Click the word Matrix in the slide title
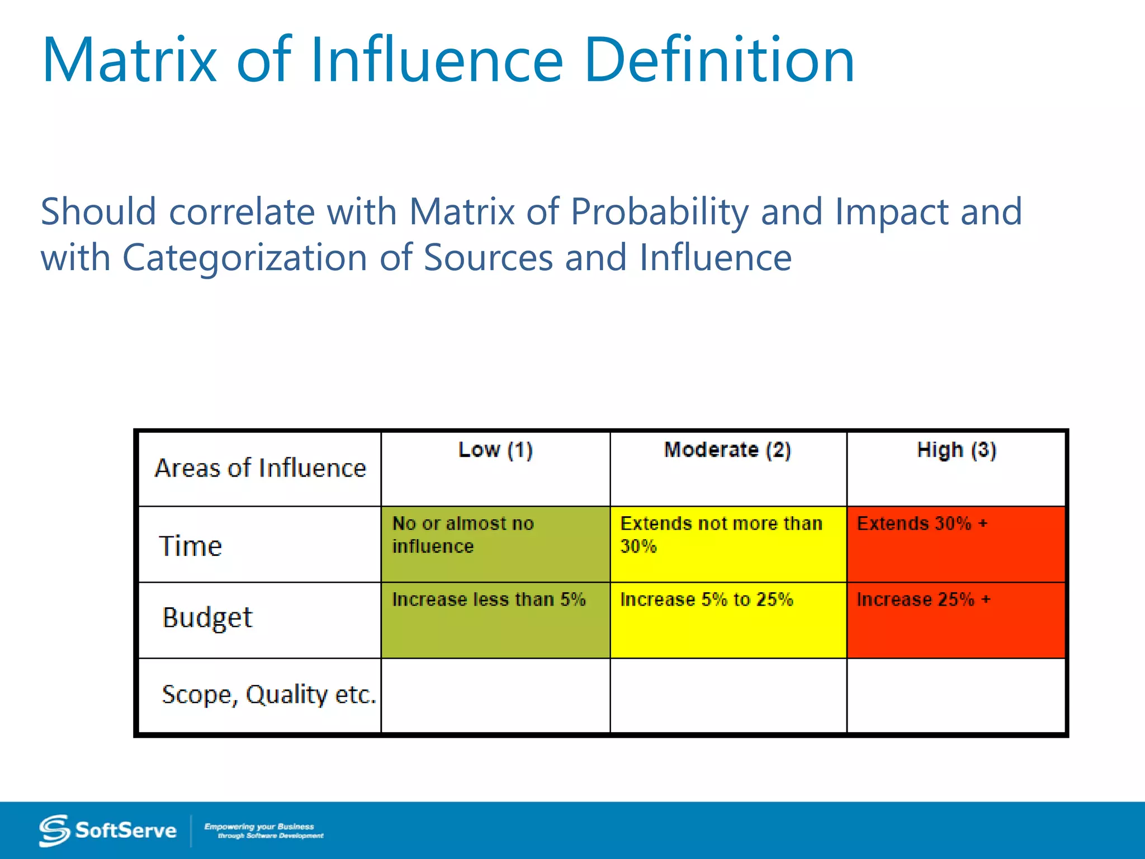click(130, 60)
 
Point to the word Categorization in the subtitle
click(244, 258)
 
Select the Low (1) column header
click(495, 450)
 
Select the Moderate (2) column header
click(727, 450)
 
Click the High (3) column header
click(956, 450)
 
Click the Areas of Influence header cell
click(260, 468)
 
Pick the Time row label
click(191, 546)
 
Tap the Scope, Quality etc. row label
click(268, 695)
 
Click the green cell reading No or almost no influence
click(495, 544)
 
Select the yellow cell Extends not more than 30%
click(728, 544)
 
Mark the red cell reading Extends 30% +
click(956, 544)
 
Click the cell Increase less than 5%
click(495, 620)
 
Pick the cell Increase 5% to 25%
click(728, 620)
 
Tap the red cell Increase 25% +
click(956, 620)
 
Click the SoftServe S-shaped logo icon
click(54, 830)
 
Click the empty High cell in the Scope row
click(956, 695)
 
